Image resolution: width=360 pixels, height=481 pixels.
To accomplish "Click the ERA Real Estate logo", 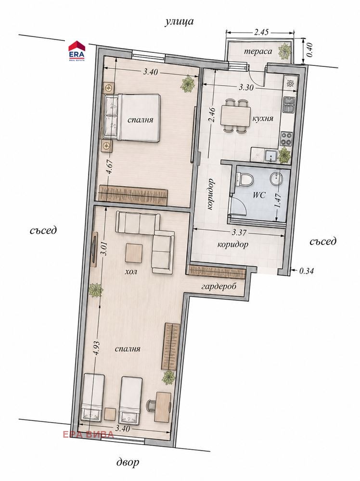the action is point(77,51).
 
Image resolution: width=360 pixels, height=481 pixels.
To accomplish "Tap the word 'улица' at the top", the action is point(179,22).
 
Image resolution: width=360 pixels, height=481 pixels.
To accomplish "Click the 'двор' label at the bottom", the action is point(128,462).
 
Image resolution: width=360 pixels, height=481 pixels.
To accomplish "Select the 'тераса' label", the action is point(258,51).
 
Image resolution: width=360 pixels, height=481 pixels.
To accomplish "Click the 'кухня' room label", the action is point(263,118).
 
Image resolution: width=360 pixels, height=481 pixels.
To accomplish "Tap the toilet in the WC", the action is point(244,180).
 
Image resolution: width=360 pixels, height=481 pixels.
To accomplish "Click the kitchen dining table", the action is point(235,116).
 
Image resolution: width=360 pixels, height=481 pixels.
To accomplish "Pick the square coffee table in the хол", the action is point(134,253).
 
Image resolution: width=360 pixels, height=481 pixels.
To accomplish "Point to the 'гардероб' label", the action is point(219,287).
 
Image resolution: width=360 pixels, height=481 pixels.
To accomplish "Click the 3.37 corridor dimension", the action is point(239,232).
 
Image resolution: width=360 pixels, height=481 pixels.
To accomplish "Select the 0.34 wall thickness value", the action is point(306,271).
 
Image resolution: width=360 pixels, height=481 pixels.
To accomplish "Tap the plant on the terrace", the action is point(285,51).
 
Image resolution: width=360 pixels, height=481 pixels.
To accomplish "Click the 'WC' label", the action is point(259,195).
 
